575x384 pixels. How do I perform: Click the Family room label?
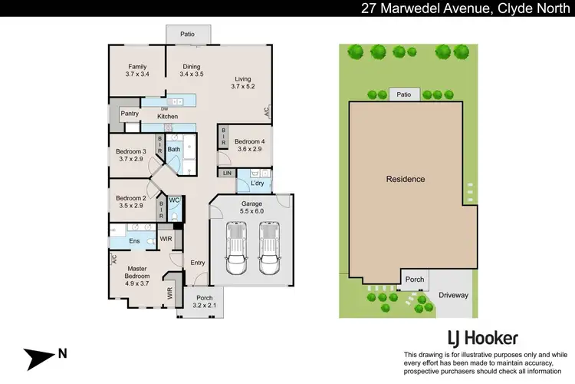[136, 71]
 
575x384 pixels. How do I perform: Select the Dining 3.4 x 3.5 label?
[191, 71]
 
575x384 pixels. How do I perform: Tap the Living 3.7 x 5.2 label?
[243, 82]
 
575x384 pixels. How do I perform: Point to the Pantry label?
[129, 113]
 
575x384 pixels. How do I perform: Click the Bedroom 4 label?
[250, 146]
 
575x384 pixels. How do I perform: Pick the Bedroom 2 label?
[130, 201]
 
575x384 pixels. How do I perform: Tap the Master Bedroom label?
[137, 272]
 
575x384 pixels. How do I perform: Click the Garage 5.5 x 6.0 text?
[251, 207]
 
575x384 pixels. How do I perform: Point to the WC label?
[174, 200]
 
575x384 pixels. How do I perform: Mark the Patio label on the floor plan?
[187, 35]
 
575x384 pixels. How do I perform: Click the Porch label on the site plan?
[415, 279]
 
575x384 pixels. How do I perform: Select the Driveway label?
[453, 295]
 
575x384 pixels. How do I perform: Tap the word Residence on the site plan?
[405, 179]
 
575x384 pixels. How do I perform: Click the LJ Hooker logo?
[482, 338]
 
